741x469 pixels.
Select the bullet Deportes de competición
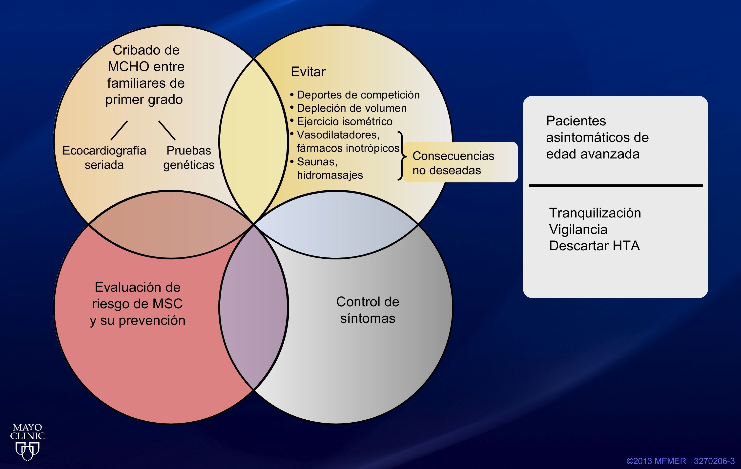pos(358,95)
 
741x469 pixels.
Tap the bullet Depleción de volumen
pos(351,108)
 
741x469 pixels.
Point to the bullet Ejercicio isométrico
pos(344,121)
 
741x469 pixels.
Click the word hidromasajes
pos(329,175)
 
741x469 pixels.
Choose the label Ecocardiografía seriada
pos(104,157)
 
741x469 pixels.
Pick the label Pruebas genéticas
pos(189,157)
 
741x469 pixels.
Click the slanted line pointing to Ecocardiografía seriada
pos(119,130)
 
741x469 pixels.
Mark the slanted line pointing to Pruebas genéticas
pos(167,130)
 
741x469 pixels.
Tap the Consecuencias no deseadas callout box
pos(460,162)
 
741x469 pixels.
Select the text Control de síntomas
pos(368,310)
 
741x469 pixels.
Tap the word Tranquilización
pos(595,213)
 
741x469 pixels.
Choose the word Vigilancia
pos(578,229)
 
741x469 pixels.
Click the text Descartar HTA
pos(594,246)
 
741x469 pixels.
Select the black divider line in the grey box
pos(616,185)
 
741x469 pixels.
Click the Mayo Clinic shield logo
pos(27,451)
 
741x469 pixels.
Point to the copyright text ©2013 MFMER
pos(656,461)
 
